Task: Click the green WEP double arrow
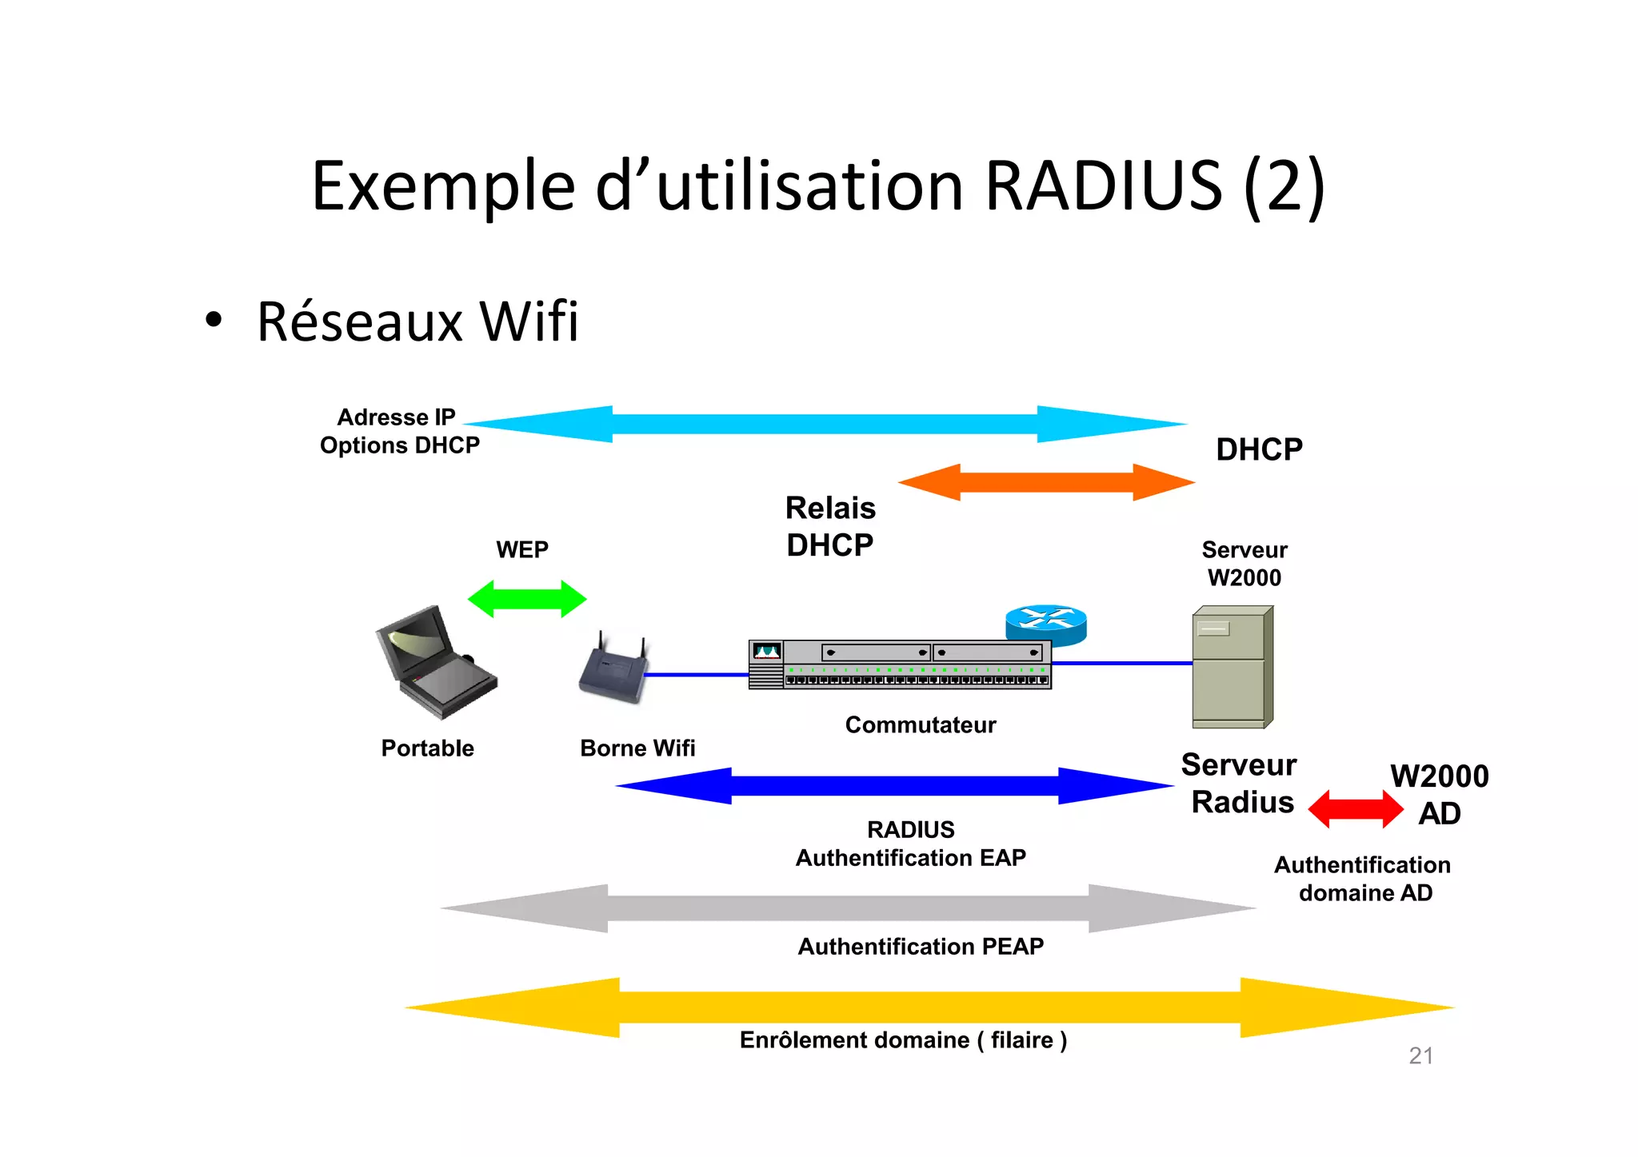click(526, 599)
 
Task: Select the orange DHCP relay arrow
click(1046, 482)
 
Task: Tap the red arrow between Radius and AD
click(1355, 809)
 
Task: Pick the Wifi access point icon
click(613, 671)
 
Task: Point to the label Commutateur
click(920, 725)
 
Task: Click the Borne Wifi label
click(637, 748)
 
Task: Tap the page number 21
click(1420, 1056)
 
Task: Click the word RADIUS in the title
click(1103, 186)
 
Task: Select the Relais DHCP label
click(830, 526)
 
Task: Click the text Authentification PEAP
click(921, 947)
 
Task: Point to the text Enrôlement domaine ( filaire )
click(903, 1040)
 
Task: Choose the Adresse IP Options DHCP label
click(399, 431)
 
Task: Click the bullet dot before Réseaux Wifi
click(213, 321)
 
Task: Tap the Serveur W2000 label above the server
click(1244, 564)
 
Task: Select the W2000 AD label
click(1439, 795)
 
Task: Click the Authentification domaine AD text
click(1363, 879)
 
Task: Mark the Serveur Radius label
click(1240, 784)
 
